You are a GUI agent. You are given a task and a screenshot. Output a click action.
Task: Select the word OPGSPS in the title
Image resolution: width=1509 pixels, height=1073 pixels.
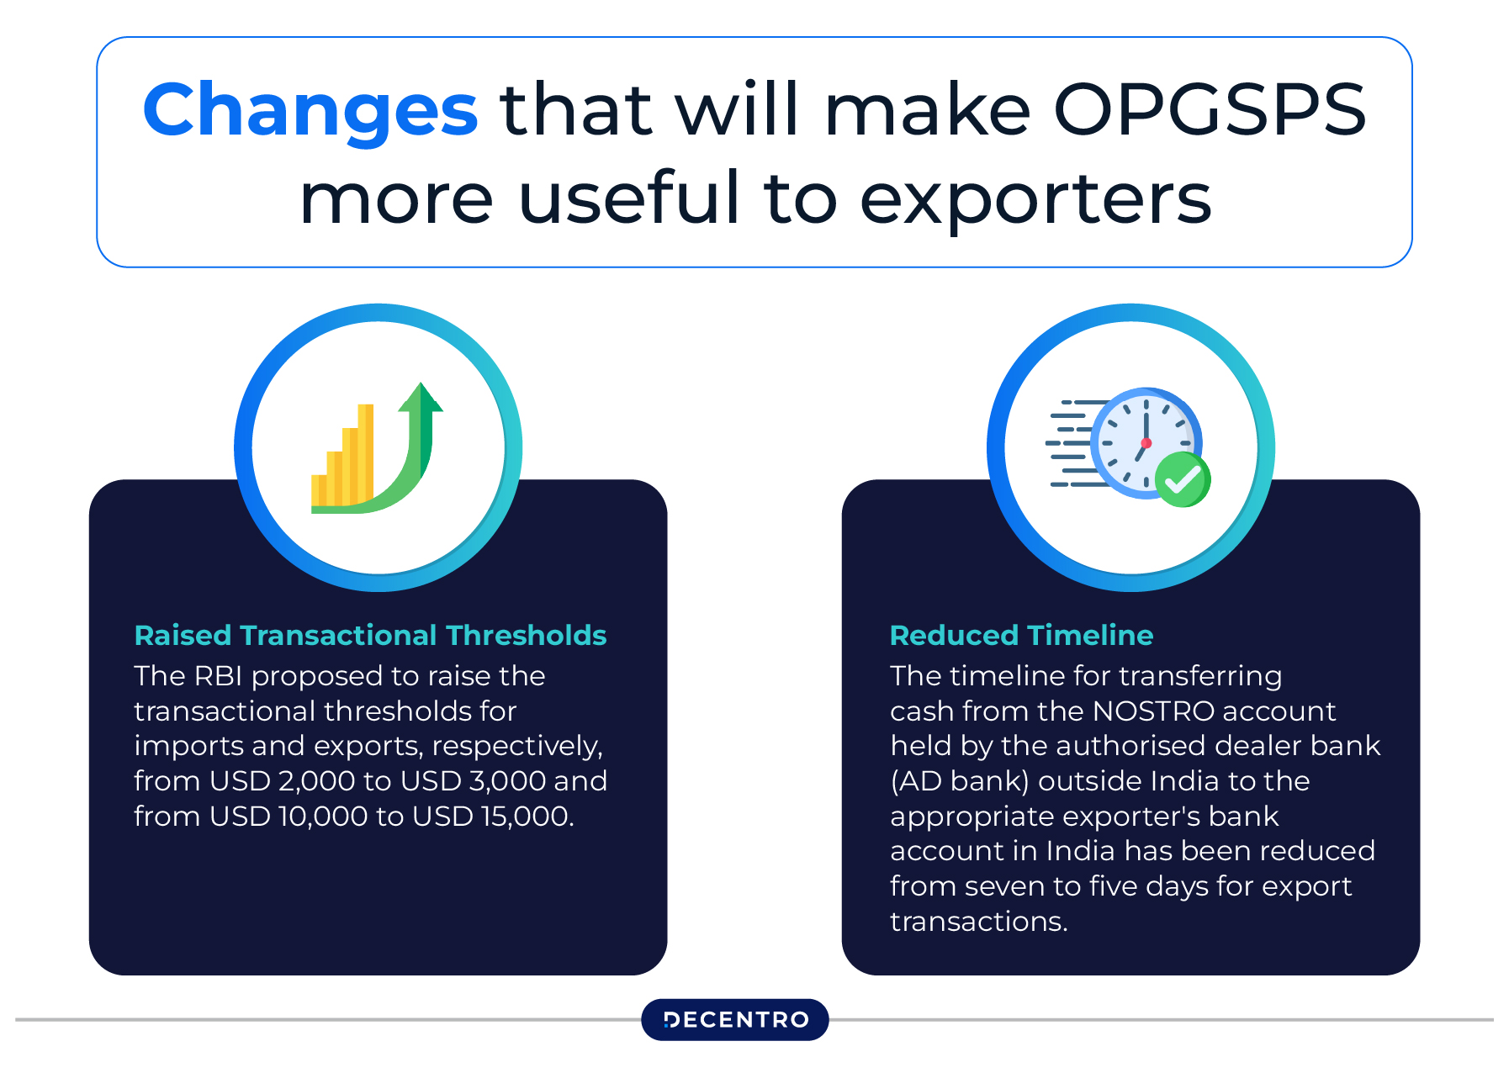(1210, 109)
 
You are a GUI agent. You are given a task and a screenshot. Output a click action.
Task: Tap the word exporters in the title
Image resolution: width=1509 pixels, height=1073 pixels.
(1035, 200)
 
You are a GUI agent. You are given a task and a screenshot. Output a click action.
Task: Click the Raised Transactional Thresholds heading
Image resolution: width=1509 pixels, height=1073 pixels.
(370, 635)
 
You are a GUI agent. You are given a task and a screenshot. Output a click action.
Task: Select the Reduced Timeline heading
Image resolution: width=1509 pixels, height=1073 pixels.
(1021, 635)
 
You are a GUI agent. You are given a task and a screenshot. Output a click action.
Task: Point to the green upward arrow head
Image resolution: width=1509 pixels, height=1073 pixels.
(421, 397)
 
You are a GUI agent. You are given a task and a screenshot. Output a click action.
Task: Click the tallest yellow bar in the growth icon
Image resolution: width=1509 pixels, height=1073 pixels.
(366, 454)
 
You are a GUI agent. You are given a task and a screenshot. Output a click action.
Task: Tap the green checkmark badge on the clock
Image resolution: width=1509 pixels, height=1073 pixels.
(1183, 479)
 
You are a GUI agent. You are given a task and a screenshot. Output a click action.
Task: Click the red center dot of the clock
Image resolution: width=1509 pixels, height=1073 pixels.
(1146, 443)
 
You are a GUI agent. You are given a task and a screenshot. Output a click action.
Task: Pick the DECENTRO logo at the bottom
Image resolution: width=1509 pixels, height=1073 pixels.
(735, 1020)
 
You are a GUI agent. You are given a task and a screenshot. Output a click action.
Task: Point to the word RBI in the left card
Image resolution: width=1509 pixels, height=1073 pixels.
(218, 676)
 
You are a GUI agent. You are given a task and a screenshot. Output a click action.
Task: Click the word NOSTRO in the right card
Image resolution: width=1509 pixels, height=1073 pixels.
(1152, 711)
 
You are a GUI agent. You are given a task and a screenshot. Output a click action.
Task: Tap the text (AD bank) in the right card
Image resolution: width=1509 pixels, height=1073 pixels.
(960, 781)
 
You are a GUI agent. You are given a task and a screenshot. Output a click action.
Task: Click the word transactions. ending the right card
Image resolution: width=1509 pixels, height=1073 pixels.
(979, 922)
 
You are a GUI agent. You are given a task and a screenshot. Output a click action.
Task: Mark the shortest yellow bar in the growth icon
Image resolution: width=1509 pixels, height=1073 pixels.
(319, 490)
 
